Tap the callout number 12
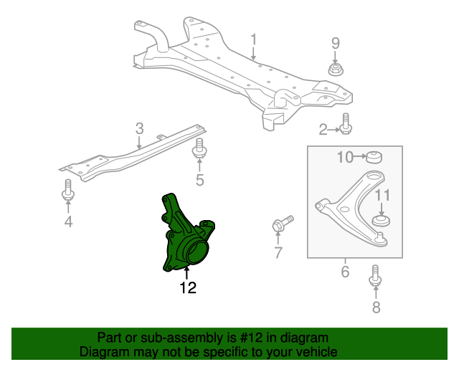[x=188, y=287]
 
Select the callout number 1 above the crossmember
[x=253, y=39]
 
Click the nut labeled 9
[x=336, y=70]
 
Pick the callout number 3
[x=140, y=128]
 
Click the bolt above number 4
[x=68, y=190]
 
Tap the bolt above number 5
[x=199, y=149]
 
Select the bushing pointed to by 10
[x=374, y=157]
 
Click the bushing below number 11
[x=381, y=220]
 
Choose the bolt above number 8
[x=375, y=275]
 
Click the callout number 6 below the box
[x=345, y=272]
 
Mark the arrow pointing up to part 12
[x=186, y=273]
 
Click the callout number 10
[x=345, y=157]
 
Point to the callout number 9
[x=336, y=43]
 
